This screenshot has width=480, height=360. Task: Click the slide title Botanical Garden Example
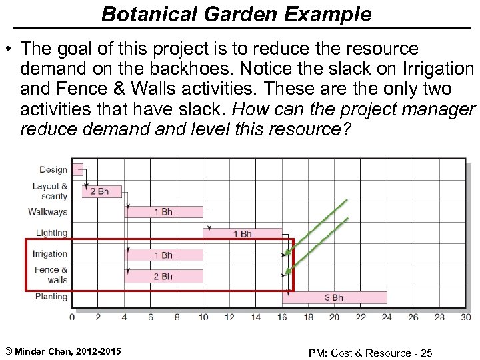tap(236, 14)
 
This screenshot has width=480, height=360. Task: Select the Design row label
tap(53, 170)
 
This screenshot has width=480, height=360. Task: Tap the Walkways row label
tap(48, 212)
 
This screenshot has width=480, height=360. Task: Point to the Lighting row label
tap(52, 233)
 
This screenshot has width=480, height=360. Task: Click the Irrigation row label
tap(50, 254)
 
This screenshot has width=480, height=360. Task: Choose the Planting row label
tap(51, 297)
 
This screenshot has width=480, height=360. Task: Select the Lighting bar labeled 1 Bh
tap(243, 234)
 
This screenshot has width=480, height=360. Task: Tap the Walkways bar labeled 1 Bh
tap(163, 212)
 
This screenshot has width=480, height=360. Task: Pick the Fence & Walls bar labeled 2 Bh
tap(163, 276)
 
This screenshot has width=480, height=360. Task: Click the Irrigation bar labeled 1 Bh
tap(163, 255)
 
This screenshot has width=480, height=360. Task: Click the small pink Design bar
tap(77, 169)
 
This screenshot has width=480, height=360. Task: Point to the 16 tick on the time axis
tap(282, 317)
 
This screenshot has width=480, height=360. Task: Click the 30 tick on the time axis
tap(466, 317)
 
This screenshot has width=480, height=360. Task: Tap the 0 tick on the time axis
tap(72, 317)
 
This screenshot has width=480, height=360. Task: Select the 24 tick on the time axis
tap(387, 317)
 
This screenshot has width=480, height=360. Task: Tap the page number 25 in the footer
tap(426, 352)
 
